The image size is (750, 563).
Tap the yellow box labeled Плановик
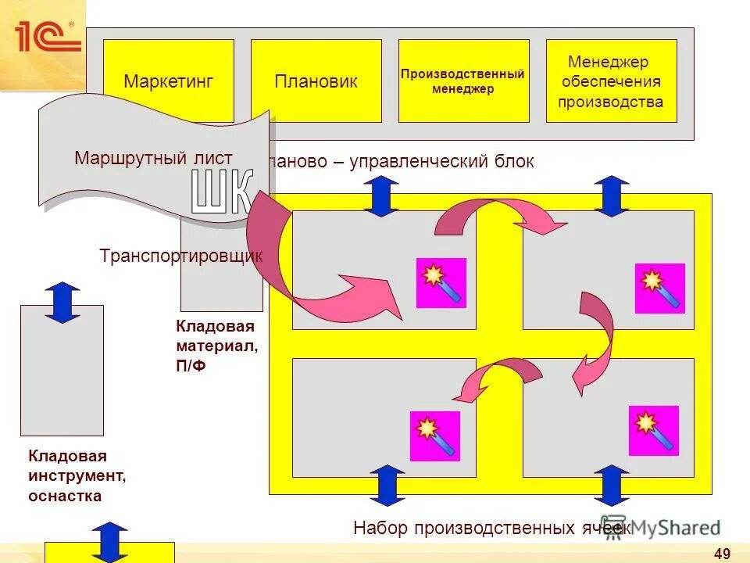[x=316, y=81]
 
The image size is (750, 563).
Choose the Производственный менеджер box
[x=462, y=81]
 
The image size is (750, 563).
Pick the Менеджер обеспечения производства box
[x=610, y=81]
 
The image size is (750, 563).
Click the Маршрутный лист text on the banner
[x=153, y=158]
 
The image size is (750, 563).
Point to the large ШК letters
[x=223, y=192]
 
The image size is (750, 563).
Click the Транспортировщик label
[x=181, y=256]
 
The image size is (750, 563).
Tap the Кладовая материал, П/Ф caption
[x=216, y=346]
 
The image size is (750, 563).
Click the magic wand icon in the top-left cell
[x=441, y=283]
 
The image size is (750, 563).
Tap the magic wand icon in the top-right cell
[x=659, y=289]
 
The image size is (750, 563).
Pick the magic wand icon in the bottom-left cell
[x=435, y=436]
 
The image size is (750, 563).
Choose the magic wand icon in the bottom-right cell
[x=653, y=431]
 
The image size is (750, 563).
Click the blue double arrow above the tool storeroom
[x=62, y=303]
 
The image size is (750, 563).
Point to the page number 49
[x=722, y=554]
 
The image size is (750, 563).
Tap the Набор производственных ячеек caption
[x=492, y=528]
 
